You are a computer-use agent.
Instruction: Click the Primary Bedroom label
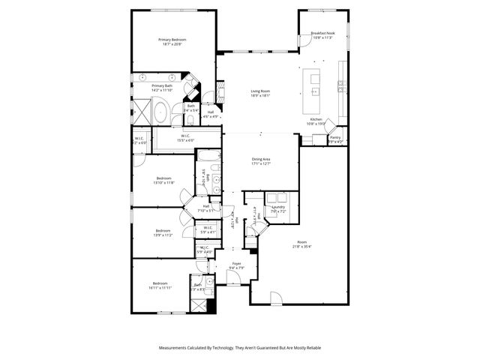coord(172,39)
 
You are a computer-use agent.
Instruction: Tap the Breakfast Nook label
coord(323,34)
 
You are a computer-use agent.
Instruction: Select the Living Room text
coord(260,91)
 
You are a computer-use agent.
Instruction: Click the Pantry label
coord(334,137)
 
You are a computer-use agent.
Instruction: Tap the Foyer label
coord(236,264)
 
